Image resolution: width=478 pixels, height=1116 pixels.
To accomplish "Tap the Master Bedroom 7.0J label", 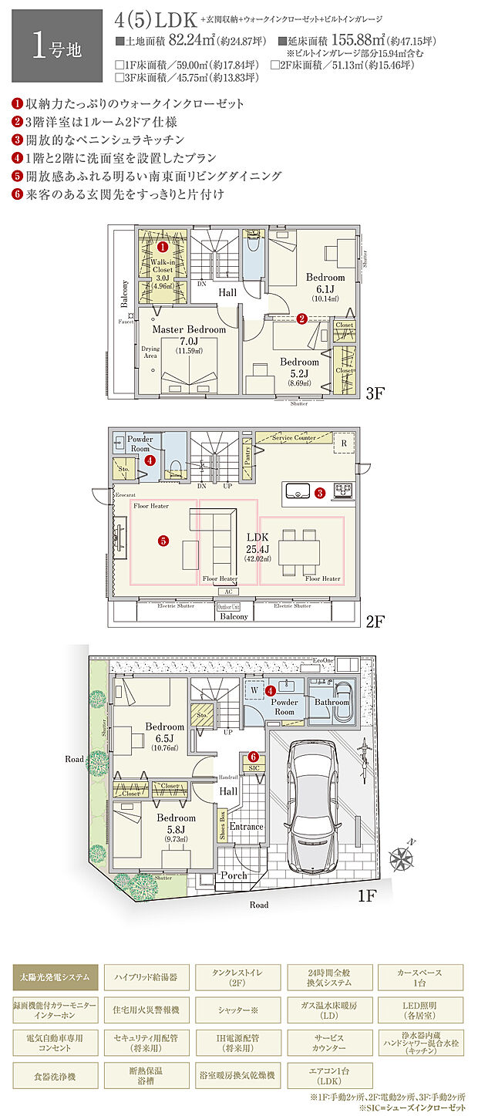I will (189, 335).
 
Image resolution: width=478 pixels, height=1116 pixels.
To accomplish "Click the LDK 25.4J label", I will (257, 542).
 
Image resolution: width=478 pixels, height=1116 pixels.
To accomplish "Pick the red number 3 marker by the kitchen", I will (319, 491).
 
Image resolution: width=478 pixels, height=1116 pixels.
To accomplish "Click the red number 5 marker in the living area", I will (163, 541).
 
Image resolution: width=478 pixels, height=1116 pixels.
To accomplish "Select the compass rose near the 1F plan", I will (405, 858).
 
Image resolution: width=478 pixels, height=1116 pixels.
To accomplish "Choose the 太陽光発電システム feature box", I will (56, 976).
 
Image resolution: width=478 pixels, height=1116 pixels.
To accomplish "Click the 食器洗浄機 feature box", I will (56, 1074).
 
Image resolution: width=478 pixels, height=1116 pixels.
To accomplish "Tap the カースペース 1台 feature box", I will (421, 976).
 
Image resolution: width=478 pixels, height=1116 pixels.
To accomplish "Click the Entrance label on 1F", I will (246, 826).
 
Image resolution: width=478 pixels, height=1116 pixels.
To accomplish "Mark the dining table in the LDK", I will (300, 552).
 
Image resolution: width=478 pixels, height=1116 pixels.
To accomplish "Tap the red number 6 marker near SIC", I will (253, 757).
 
